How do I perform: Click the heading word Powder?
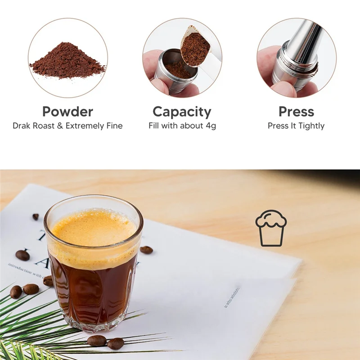coord(67,112)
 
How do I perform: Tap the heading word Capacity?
coord(182,112)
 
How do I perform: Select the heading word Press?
coord(296,112)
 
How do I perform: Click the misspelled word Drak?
coord(23,126)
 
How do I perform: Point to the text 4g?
coord(211,126)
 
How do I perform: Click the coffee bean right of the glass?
coord(146,250)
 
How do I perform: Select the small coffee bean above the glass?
coord(36,216)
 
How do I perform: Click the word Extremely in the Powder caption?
coord(84,126)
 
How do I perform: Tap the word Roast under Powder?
coord(45,126)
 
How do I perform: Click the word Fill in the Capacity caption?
coord(155,126)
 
